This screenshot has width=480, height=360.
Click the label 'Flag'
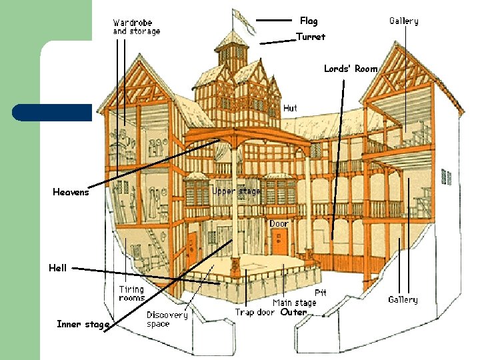(x=309, y=21)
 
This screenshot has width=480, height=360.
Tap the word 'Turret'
(x=310, y=37)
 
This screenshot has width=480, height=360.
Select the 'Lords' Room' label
(x=351, y=69)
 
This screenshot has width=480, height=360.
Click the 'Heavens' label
(x=71, y=193)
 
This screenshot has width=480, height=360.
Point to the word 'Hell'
(x=57, y=268)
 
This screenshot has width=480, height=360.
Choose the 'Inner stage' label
(x=83, y=325)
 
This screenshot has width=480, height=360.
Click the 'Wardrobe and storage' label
(x=136, y=27)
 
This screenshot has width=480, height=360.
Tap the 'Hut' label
(x=290, y=108)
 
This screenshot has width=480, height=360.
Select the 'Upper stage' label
(x=237, y=191)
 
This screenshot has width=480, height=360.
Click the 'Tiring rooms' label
(x=131, y=293)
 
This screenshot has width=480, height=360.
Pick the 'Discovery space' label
(x=167, y=319)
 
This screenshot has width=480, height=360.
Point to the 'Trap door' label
(x=255, y=312)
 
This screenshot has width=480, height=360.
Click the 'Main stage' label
(x=294, y=303)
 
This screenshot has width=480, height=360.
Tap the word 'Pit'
(x=320, y=293)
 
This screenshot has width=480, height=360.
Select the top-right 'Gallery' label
(x=404, y=21)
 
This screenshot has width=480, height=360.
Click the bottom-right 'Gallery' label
(x=403, y=300)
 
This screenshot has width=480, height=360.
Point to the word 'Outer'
(x=293, y=312)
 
